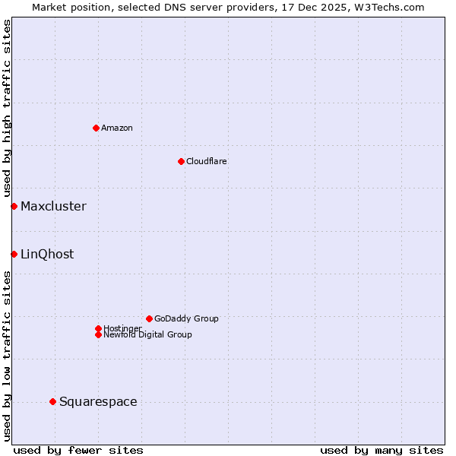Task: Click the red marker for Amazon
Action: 96,128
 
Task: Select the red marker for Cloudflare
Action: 181,161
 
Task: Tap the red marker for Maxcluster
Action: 14,206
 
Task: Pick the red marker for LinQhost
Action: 14,254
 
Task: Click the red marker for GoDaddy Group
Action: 149,318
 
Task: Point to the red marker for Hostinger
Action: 98,328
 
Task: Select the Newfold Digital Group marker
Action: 98,335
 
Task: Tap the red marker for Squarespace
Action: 52,401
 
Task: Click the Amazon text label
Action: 117,128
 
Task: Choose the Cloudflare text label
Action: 207,161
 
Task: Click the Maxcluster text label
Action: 53,206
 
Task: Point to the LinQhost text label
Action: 47,254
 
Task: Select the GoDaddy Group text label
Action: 186,318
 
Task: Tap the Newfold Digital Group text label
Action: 148,335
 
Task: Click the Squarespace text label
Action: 98,401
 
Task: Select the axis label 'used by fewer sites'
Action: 78,450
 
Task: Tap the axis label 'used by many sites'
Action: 382,450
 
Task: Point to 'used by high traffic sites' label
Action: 7,108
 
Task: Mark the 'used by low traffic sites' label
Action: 7,355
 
